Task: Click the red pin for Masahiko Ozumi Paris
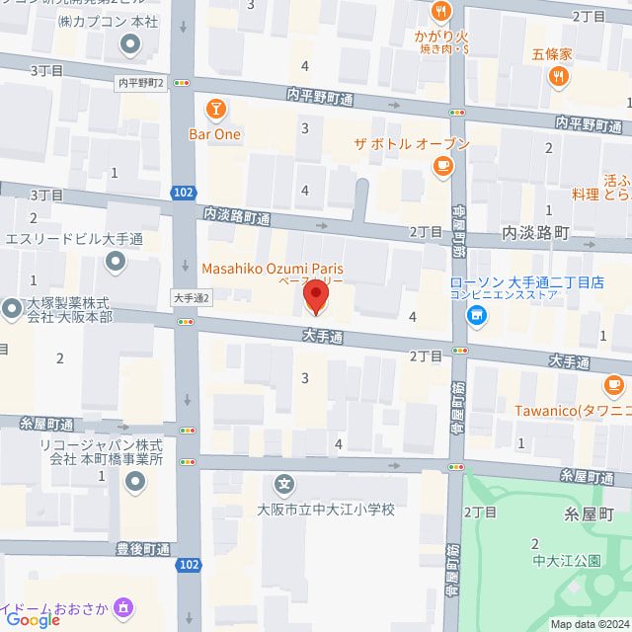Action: (317, 293)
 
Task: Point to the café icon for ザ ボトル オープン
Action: (441, 167)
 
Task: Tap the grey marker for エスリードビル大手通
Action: (117, 262)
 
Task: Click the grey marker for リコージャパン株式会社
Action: (134, 482)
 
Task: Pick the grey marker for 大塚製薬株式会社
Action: (11, 309)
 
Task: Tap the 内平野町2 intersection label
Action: (139, 84)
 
